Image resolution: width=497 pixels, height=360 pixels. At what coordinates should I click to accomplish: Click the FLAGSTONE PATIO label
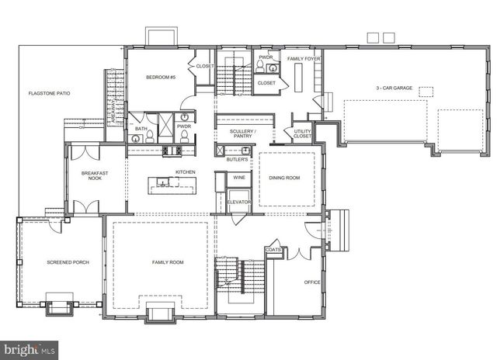tap(49, 93)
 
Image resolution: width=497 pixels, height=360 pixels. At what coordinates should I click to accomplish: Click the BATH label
tap(141, 129)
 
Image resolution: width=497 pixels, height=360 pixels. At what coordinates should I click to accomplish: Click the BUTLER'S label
tap(238, 159)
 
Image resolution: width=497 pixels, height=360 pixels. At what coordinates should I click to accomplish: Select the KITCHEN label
tap(185, 171)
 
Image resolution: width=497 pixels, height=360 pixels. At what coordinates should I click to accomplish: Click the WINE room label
tap(239, 178)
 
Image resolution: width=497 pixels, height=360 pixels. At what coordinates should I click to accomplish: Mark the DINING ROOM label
tap(285, 178)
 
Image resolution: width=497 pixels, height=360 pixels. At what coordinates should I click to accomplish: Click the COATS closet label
tap(273, 250)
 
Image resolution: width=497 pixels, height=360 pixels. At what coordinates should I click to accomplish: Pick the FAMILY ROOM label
tap(167, 263)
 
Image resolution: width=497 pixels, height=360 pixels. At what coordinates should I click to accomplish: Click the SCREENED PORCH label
tap(68, 263)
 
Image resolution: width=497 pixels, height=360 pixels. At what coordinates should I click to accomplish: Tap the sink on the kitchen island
tap(162, 183)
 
